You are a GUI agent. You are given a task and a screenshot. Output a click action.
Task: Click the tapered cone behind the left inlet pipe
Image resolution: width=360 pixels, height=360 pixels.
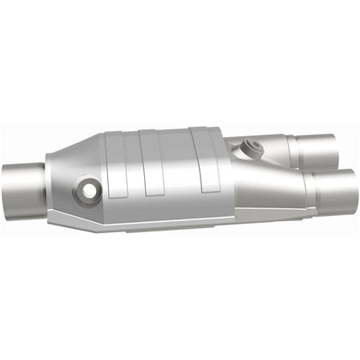(69, 180)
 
